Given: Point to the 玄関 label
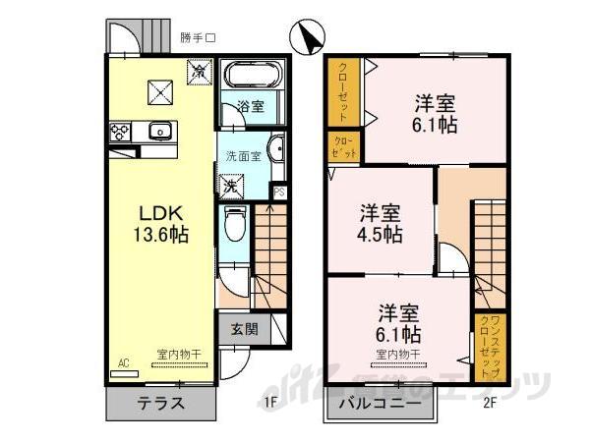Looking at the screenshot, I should tap(245, 331).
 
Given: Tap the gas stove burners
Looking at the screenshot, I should tap(121, 131).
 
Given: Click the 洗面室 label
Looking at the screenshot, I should tap(243, 156).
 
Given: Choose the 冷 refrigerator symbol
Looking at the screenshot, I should tap(199, 71).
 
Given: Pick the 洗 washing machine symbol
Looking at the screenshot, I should tap(229, 185).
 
